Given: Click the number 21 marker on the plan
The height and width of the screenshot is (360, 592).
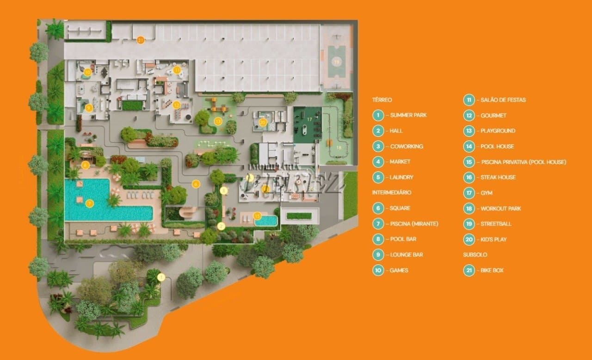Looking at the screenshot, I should pyautogui.click(x=141, y=40).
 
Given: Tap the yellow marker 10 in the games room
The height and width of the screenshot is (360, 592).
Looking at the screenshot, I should pyautogui.click(x=87, y=72).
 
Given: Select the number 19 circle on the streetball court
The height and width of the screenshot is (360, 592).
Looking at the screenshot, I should pyautogui.click(x=337, y=61).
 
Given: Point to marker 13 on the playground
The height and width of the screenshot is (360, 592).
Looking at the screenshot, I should pyautogui.click(x=218, y=122).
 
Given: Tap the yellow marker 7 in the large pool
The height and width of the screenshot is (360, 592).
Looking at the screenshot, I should pyautogui.click(x=90, y=203).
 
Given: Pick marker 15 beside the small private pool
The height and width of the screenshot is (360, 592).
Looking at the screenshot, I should pyautogui.click(x=257, y=215).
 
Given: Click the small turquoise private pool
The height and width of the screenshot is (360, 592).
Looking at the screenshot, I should pyautogui.click(x=266, y=221).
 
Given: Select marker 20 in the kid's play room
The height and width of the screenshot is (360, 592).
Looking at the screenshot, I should pyautogui.click(x=263, y=122).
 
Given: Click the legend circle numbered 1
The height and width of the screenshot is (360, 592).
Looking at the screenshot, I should pyautogui.click(x=378, y=115).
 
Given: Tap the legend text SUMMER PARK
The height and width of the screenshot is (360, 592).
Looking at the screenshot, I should pyautogui.click(x=408, y=115).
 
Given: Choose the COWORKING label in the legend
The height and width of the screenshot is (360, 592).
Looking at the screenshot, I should pyautogui.click(x=407, y=146).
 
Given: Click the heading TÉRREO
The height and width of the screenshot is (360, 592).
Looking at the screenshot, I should pyautogui.click(x=382, y=99).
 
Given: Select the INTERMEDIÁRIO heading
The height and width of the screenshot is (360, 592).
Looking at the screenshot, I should pyautogui.click(x=391, y=193).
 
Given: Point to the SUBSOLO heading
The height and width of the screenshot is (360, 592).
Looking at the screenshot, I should pyautogui.click(x=475, y=255).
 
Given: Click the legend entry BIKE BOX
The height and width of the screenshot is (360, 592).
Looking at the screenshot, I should pyautogui.click(x=492, y=270).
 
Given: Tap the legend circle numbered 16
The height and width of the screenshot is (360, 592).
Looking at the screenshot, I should pyautogui.click(x=469, y=177).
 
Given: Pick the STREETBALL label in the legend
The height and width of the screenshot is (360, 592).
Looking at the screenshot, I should pyautogui.click(x=496, y=224).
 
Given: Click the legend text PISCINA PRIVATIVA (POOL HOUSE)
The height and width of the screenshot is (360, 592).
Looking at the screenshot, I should pyautogui.click(x=523, y=162).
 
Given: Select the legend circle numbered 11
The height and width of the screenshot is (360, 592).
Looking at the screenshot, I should pyautogui.click(x=469, y=100).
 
